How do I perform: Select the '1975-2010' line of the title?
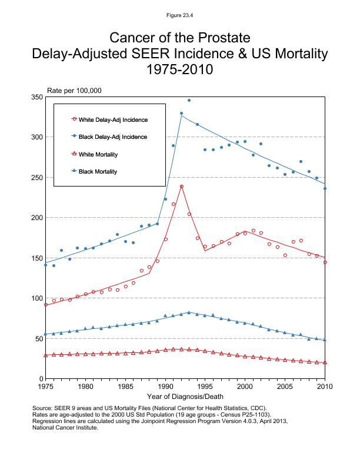tap(180, 69)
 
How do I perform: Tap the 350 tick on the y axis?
tap(36, 96)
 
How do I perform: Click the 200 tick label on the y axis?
tap(36, 218)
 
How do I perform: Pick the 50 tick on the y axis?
tap(38, 338)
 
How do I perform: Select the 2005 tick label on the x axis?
tap(285, 387)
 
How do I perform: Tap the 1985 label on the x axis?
tap(125, 387)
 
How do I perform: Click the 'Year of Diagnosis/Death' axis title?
tap(185, 398)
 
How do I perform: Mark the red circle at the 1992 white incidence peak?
tap(182, 187)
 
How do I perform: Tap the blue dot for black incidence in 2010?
tap(325, 188)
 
